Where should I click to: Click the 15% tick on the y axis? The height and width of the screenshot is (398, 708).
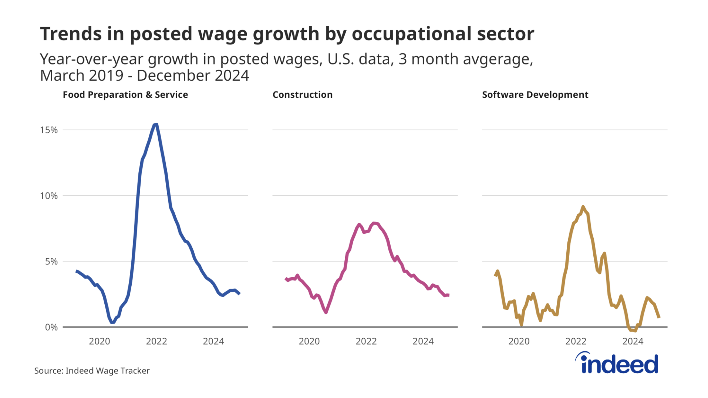click(x=49, y=130)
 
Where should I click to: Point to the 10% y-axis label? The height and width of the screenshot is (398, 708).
click(x=49, y=196)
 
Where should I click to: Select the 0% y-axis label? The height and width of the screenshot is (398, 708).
click(x=51, y=327)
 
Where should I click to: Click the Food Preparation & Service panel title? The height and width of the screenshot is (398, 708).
click(x=125, y=95)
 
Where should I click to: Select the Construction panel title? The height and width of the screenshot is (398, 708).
click(x=302, y=95)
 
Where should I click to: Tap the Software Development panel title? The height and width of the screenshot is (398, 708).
click(x=535, y=95)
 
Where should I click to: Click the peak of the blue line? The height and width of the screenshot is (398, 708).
click(x=156, y=125)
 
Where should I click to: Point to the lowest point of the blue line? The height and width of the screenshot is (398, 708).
click(x=112, y=322)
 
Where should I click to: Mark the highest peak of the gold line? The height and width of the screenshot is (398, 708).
click(x=583, y=207)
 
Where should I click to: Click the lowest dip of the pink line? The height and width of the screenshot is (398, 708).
click(x=326, y=312)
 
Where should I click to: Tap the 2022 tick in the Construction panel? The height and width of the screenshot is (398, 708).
click(x=366, y=341)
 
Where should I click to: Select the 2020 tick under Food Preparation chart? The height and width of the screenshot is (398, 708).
click(x=99, y=341)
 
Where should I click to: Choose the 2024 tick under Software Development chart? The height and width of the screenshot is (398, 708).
click(x=633, y=341)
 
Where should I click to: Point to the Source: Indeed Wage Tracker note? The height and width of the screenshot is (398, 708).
click(x=92, y=371)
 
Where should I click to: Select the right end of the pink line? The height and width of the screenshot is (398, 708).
click(x=448, y=295)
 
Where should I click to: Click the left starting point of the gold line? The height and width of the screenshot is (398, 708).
click(x=495, y=275)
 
